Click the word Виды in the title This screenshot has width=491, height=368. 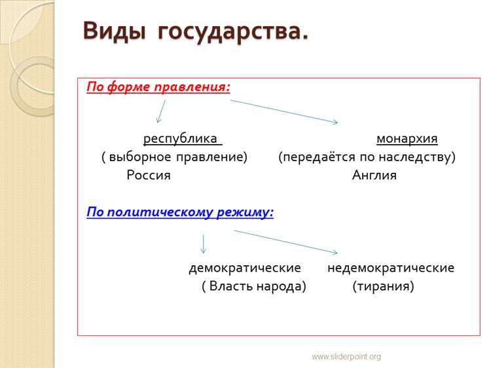115,31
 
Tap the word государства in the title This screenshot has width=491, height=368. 232,31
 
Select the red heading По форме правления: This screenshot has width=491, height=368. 158,87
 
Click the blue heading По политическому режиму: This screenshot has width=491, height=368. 180,212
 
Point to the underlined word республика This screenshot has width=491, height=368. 181,139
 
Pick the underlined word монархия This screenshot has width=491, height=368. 407,139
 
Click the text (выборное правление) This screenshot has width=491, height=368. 174,157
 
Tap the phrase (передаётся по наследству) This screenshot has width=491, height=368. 367,157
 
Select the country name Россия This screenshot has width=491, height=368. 149,175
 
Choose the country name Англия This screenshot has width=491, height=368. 374,175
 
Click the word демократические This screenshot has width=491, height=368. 245,268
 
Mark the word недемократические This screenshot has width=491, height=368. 391,268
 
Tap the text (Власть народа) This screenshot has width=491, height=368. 254,287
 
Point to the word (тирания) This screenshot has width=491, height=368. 383,287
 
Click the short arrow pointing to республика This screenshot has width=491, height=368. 160,112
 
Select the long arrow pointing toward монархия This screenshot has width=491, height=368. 284,111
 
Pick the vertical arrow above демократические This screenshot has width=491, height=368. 204,243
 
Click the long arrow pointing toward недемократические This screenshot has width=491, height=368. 286,242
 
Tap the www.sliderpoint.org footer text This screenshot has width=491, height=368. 346,356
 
